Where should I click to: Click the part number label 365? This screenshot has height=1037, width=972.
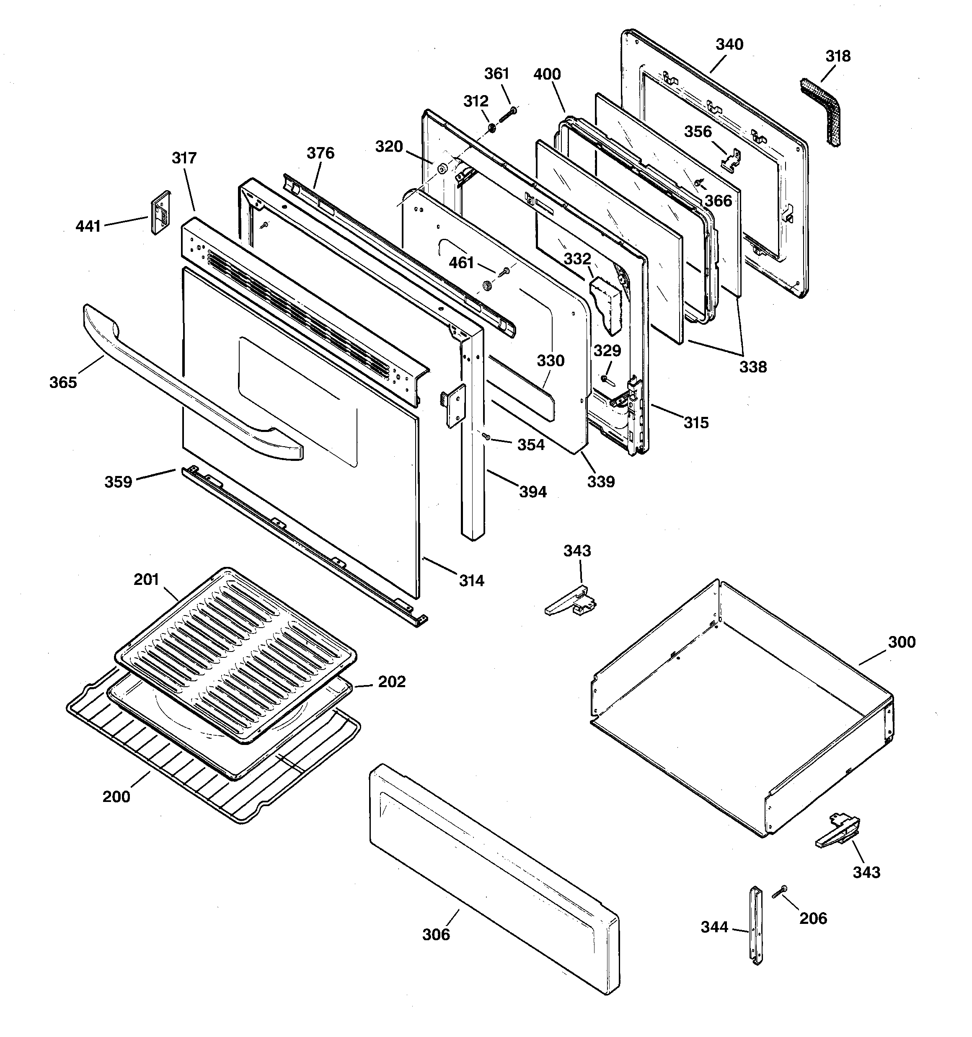coord(63,383)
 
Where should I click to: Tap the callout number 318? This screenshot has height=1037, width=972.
coord(838,56)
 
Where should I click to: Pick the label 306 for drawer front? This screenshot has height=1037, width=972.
coord(436,934)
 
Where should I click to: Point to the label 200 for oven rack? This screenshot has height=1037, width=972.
coord(116,796)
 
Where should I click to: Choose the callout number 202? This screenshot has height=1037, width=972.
coord(391,682)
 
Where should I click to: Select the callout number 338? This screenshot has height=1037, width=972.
coord(753,367)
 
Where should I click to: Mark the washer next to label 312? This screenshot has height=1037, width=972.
coord(491,128)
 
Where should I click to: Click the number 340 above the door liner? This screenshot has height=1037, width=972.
coord(729,44)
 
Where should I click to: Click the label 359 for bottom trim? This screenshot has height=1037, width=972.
coord(119,481)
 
